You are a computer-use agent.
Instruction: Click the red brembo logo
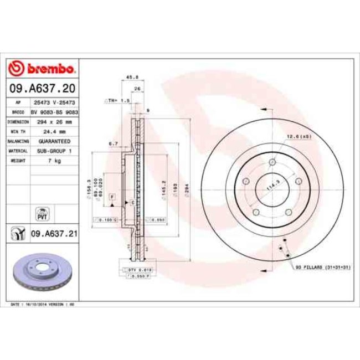pyautogui.click(x=42, y=69)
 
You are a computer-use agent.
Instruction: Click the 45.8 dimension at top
pyautogui.click(x=133, y=77)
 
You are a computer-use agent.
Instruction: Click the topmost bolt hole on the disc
pyautogui.click(x=272, y=162)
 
